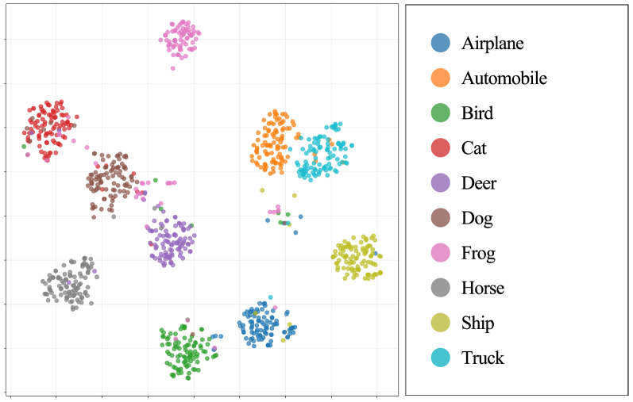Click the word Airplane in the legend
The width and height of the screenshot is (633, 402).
click(492, 44)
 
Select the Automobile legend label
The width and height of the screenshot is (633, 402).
click(504, 78)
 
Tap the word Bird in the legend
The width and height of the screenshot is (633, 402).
click(477, 113)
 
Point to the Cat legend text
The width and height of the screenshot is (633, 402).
click(474, 148)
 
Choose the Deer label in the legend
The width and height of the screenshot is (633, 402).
click(479, 183)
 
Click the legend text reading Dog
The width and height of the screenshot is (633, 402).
click(477, 218)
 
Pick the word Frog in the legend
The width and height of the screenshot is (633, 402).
click(478, 253)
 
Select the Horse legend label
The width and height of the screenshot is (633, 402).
click(483, 288)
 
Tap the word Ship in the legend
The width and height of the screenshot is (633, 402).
click(477, 323)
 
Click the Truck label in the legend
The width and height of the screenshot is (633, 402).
click(483, 358)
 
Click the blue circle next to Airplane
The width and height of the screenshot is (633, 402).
click(439, 44)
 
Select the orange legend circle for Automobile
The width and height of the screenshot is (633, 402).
click(439, 78)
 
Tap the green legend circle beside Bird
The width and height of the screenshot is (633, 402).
click(439, 113)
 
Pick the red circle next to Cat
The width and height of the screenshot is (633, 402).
click(439, 148)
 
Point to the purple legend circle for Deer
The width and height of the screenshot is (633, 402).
click(439, 183)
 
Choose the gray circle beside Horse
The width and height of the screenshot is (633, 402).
click(439, 288)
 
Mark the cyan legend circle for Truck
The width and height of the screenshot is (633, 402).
click(439, 358)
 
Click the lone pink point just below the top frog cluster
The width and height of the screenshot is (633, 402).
click(172, 68)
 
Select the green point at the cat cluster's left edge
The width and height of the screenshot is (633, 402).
click(25, 147)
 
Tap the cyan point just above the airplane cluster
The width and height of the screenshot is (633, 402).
click(270, 297)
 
